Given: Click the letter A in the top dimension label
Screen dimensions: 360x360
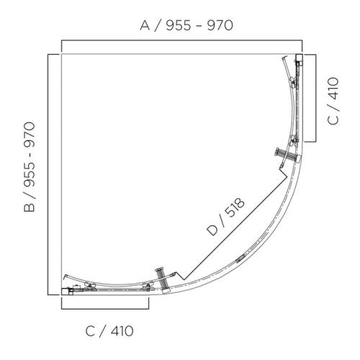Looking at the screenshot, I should tap(144, 26).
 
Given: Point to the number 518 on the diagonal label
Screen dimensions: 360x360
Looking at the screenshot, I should tap(233, 208).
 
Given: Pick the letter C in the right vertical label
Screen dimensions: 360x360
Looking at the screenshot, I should tap(333, 117).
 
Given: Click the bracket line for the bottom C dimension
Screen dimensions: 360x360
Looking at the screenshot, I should tap(105, 308).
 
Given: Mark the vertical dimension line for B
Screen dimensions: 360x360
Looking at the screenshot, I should tap(48, 173).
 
